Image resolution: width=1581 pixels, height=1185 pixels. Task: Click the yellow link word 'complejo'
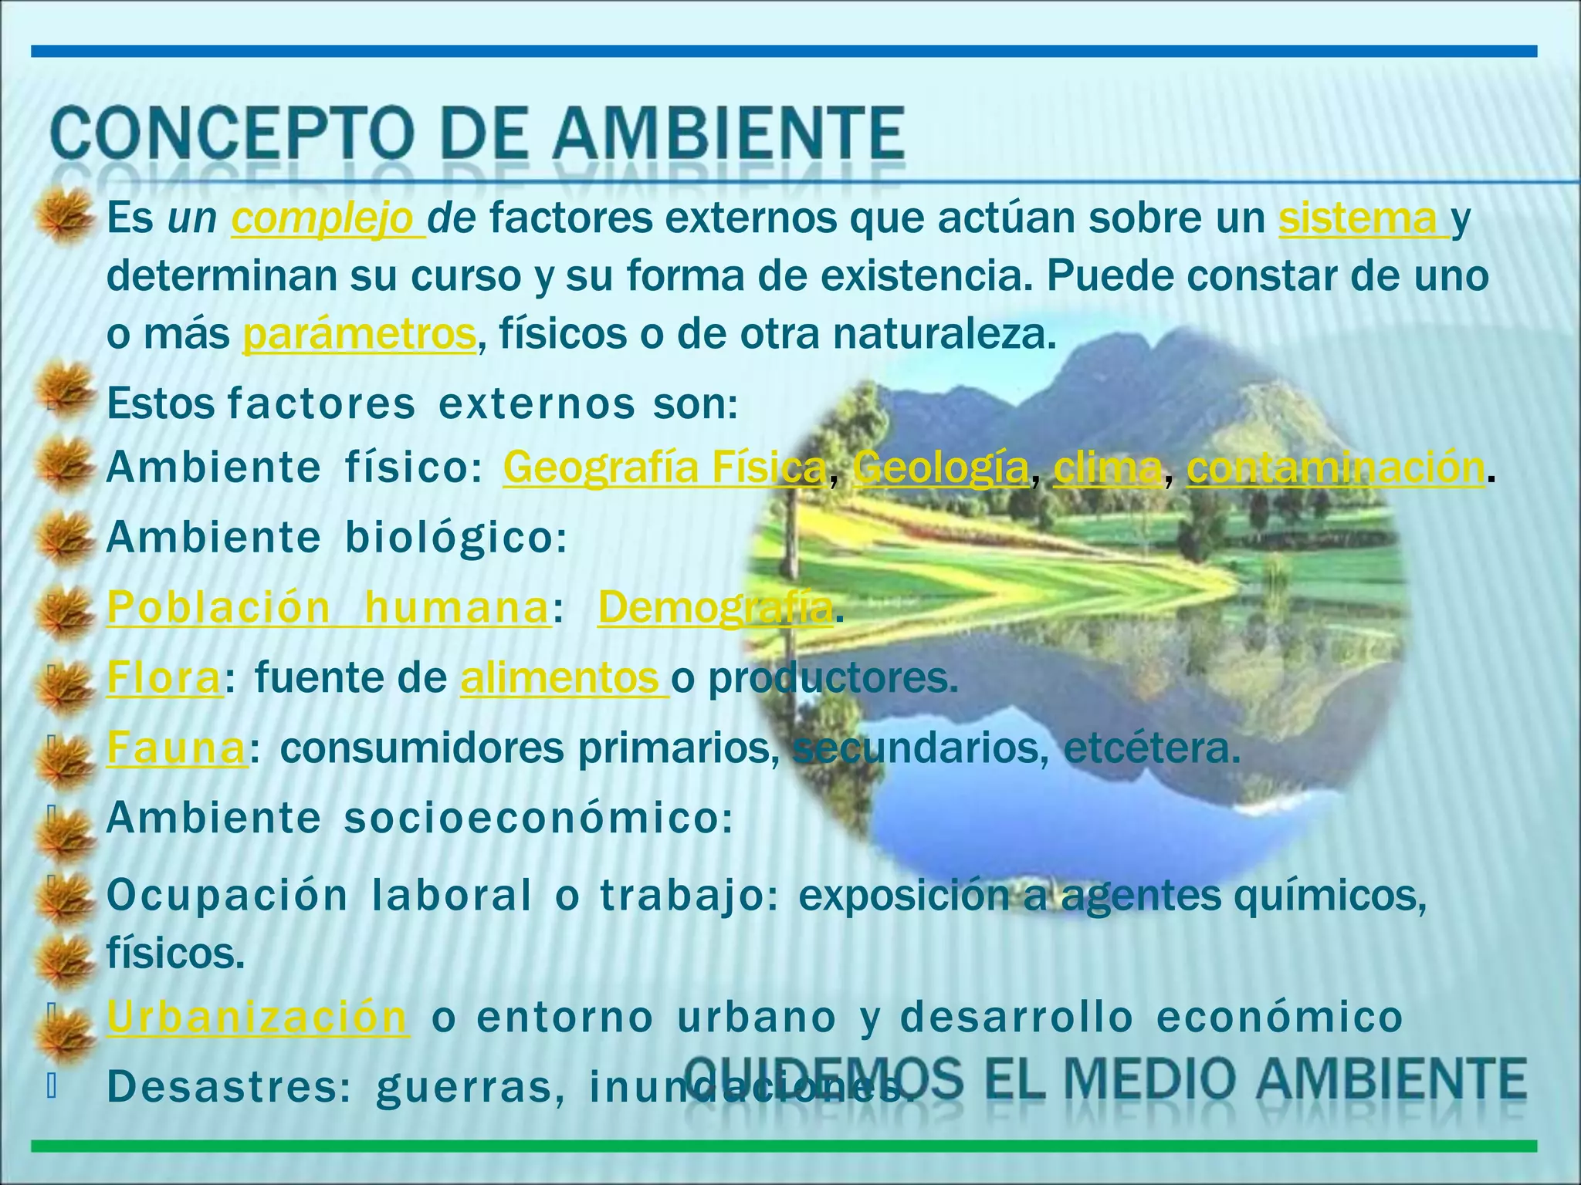pyautogui.click(x=326, y=219)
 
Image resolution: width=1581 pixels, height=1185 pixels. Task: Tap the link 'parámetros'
pyautogui.click(x=360, y=334)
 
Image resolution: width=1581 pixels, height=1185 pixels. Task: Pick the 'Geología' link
pyautogui.click(x=941, y=468)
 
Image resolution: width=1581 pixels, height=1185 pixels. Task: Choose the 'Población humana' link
pyautogui.click(x=327, y=607)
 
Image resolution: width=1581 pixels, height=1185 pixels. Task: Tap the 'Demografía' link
pyautogui.click(x=715, y=607)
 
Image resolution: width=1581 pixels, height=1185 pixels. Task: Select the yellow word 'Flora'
pyautogui.click(x=164, y=678)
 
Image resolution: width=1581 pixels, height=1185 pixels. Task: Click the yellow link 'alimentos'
pyautogui.click(x=562, y=678)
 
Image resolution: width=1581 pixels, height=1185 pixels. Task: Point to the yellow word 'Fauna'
pyautogui.click(x=176, y=748)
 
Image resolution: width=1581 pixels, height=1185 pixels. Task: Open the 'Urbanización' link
pyautogui.click(x=256, y=1016)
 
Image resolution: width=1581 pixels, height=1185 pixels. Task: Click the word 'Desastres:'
pyautogui.click(x=229, y=1086)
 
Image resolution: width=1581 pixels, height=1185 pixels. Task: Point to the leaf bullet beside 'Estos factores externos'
pyautogui.click(x=65, y=392)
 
